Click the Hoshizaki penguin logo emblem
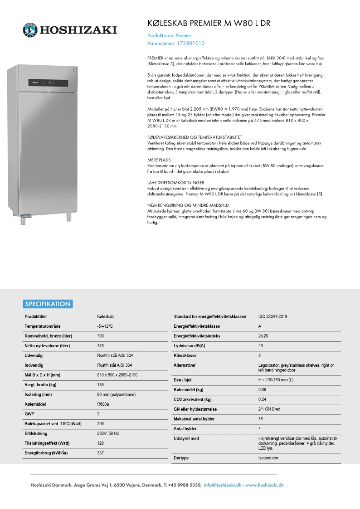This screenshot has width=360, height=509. point(30,30)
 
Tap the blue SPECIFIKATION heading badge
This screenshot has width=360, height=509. point(48,304)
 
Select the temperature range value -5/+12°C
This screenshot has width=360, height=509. point(105,326)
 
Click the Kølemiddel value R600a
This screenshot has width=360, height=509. point(103,404)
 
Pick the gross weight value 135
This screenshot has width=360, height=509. point(101,384)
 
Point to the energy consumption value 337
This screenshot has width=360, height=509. point(101,453)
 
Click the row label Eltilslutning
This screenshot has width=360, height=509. point(36,433)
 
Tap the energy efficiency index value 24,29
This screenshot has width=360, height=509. point(263,336)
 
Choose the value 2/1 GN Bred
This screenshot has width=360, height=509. point(269,409)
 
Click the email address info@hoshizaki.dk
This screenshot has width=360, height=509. point(223,485)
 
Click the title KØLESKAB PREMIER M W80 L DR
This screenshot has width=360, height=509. point(209,24)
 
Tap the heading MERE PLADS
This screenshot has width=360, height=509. point(159,160)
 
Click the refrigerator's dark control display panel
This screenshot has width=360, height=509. point(48,83)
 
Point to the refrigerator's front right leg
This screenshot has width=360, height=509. point(72,217)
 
